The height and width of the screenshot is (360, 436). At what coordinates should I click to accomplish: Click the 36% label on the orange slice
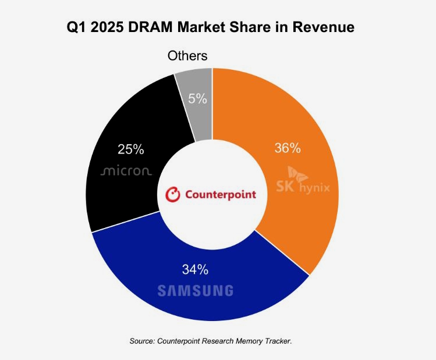click(x=287, y=148)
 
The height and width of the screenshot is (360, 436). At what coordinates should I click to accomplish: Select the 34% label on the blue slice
click(x=195, y=269)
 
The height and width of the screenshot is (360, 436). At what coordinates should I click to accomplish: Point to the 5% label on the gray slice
click(x=197, y=99)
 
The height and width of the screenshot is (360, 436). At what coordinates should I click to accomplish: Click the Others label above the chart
click(x=187, y=56)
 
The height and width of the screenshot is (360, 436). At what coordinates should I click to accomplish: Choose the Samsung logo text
click(x=195, y=290)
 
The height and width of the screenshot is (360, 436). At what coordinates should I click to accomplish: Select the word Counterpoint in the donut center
click(x=220, y=194)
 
